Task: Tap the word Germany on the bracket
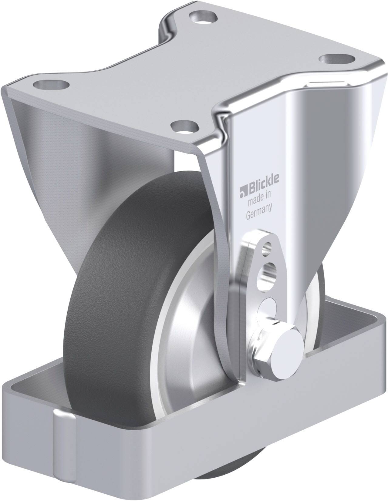pos(259,211)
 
